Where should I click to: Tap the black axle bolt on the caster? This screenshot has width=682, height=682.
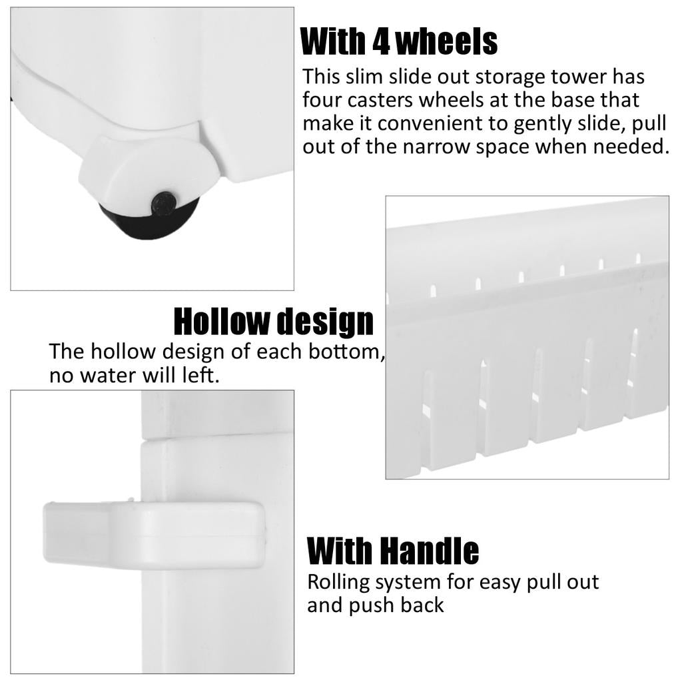pyautogui.click(x=164, y=203)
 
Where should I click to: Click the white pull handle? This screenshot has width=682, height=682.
pyautogui.click(x=154, y=535)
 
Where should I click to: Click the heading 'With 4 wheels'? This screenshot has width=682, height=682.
pyautogui.click(x=399, y=41)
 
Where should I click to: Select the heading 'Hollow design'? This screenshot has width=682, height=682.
pyautogui.click(x=274, y=322)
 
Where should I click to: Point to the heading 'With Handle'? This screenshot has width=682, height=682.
pyautogui.click(x=393, y=550)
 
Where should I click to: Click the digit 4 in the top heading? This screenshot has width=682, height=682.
pyautogui.click(x=381, y=42)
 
